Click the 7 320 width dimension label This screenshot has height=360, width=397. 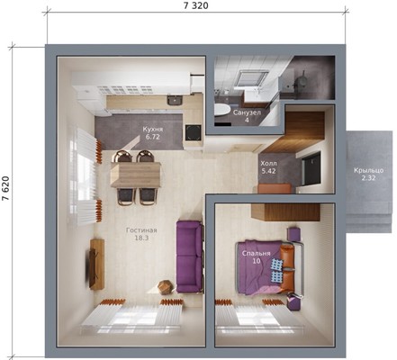(x=195, y=5)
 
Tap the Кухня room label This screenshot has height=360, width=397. (x=153, y=130)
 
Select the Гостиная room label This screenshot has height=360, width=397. (x=141, y=230)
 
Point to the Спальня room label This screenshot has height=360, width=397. (x=257, y=253)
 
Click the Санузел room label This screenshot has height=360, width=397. (x=247, y=112)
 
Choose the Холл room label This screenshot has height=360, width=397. (x=268, y=164)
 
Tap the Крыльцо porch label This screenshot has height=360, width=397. (x=368, y=170)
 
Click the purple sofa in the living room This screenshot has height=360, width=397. (x=189, y=256)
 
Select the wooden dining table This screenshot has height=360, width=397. (x=136, y=175)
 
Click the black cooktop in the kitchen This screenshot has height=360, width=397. (x=193, y=132)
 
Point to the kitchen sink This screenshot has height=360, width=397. (x=175, y=100)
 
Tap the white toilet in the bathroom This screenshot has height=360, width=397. (x=222, y=109)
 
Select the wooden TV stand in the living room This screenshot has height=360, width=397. (x=97, y=265)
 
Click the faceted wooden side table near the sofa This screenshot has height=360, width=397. (x=166, y=287)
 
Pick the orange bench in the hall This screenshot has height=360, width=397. (x=275, y=189)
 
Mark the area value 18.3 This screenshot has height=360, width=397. (x=141, y=238)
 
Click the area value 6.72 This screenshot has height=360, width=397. (x=152, y=137)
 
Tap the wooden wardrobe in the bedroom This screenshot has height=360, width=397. (x=285, y=212)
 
